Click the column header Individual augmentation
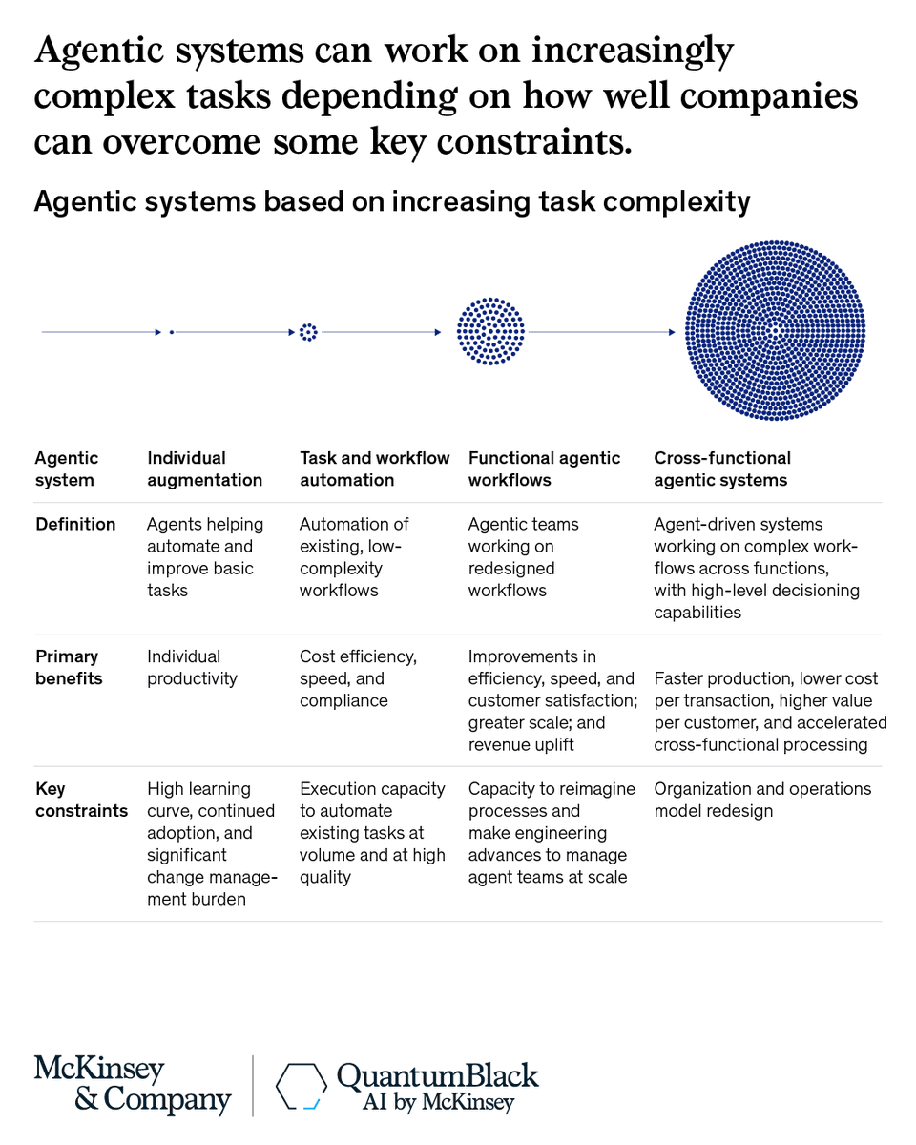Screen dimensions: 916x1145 coord(204,468)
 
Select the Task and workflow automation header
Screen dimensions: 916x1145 coord(374,468)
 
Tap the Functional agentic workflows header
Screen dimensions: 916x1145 coord(544,468)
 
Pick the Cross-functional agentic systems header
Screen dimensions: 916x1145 coord(722,468)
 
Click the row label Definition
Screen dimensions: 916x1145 coord(75,524)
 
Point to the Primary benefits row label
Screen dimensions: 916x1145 coord(69,667)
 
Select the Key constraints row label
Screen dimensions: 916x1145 coord(81,800)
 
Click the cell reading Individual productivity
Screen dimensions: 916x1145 coord(192,667)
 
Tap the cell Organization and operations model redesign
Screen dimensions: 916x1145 coord(762,800)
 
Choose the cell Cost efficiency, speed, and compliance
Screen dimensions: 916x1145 coord(358,678)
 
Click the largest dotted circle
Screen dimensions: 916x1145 coord(775,331)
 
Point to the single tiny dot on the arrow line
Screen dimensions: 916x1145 coord(172,332)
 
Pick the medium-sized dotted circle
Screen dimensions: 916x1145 coord(490,331)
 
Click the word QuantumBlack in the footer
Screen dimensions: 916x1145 coord(438,1076)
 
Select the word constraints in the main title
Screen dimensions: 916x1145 coord(534,141)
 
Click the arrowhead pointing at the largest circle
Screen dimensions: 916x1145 coord(672,332)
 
